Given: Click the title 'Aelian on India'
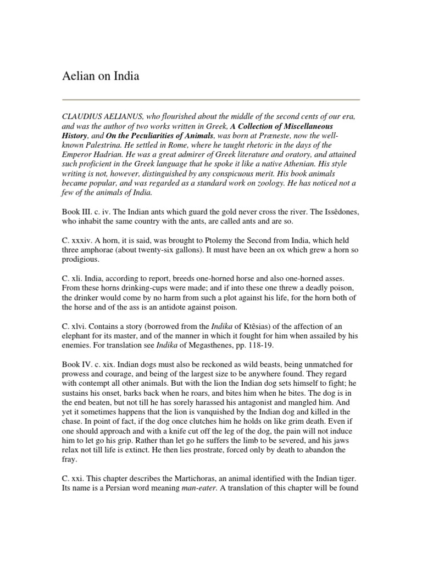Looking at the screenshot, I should pos(100,76).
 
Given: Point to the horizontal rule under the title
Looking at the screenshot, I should pos(210,100).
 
